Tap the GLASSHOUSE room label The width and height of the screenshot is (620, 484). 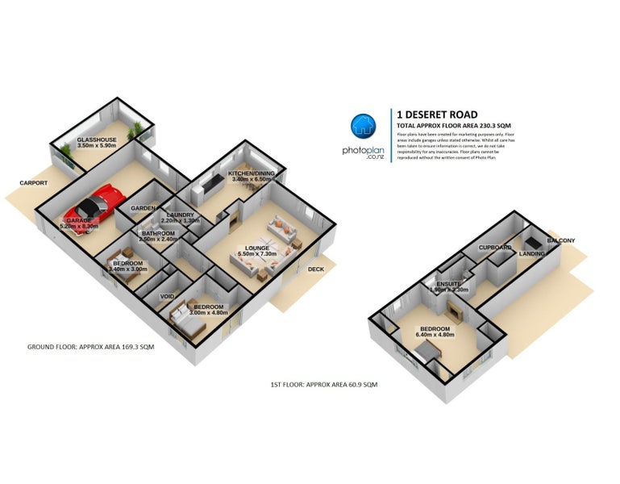point(97,140)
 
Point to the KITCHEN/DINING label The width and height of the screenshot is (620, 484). point(251,173)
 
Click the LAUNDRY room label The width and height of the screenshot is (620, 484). point(179,215)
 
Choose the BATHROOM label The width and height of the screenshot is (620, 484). point(157,233)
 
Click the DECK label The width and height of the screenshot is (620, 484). point(315,269)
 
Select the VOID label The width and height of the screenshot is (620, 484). point(167,296)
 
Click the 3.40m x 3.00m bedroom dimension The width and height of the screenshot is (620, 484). point(127,270)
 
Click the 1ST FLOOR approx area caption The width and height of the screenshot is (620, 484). point(323,385)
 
